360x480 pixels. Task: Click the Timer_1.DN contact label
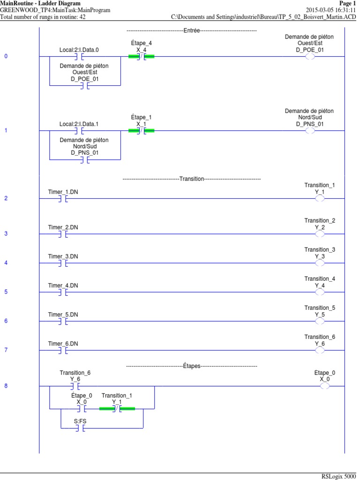(x=63, y=192)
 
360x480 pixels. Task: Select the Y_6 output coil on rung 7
(x=320, y=350)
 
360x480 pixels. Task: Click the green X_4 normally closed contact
(x=141, y=57)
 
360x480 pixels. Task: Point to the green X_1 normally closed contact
(x=141, y=131)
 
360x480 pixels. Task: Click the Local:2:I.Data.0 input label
(x=79, y=49)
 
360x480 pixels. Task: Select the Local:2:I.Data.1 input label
(x=79, y=124)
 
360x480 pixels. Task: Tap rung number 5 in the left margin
(x=6, y=292)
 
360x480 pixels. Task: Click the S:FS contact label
(x=80, y=421)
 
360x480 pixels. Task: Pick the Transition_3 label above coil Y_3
(x=320, y=250)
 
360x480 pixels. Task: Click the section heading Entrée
(x=191, y=30)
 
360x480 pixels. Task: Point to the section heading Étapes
(x=191, y=366)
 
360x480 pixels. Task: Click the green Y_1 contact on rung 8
(x=117, y=409)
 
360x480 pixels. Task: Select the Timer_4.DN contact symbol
(x=63, y=292)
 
